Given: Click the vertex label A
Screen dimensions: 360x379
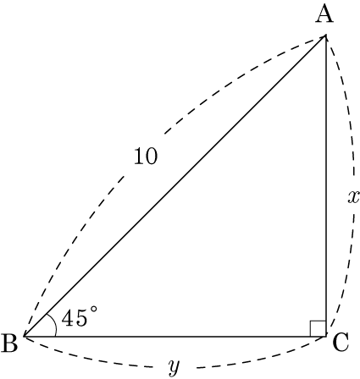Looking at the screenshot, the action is point(324,14).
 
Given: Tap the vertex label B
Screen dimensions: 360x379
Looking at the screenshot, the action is point(9,343).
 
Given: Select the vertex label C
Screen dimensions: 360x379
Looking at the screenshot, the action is point(341,343).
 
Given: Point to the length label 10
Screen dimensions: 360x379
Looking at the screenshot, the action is point(146,156).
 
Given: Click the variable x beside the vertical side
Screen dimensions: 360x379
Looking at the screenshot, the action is point(353,197).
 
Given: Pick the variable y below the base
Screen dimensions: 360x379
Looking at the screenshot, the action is point(174,367).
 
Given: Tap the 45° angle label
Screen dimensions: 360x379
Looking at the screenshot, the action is point(80,317).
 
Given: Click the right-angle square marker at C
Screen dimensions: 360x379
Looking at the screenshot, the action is point(318,328).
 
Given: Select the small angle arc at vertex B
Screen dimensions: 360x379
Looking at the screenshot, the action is point(54,324).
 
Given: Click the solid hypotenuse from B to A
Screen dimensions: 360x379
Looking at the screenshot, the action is point(175,186).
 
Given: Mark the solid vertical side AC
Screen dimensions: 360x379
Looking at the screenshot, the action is point(326,186).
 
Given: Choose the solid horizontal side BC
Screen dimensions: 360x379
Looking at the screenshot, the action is point(175,337).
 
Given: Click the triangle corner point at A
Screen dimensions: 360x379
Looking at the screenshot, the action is point(326,36).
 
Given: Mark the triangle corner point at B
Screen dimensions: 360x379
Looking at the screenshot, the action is point(25,337).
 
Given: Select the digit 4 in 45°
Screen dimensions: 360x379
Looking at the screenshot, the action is point(67,319).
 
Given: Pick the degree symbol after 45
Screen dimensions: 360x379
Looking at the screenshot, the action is point(93,310).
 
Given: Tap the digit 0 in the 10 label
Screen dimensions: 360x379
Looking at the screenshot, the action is point(152,156).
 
